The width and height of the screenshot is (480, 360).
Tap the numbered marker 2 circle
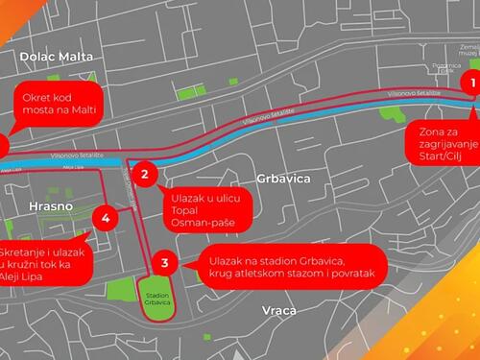(x=145, y=174)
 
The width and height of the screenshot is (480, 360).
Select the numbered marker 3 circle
(x=164, y=262)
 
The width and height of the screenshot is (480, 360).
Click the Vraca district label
(x=278, y=310)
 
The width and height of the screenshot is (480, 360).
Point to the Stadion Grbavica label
(x=156, y=297)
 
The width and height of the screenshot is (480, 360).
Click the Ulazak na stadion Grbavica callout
(x=287, y=268)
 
